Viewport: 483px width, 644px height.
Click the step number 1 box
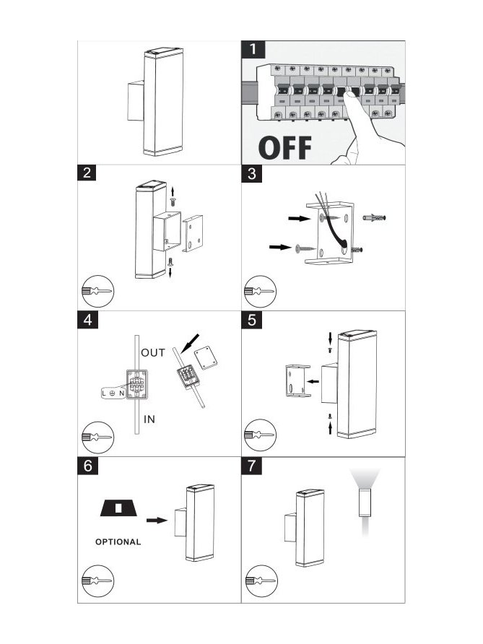[x=253, y=50]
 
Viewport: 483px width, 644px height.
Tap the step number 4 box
[x=88, y=320]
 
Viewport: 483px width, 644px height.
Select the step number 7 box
[x=252, y=466]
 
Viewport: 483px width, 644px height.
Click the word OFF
[x=285, y=148]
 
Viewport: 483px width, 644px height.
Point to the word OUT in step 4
[x=153, y=353]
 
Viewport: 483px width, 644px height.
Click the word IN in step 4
[x=149, y=419]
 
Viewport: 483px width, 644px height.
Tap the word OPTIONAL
[x=118, y=542]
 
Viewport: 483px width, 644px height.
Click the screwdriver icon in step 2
[x=97, y=292]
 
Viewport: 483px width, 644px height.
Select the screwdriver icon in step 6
[x=97, y=581]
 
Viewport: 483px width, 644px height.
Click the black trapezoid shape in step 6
[x=119, y=508]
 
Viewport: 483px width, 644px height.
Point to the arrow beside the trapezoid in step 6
[x=157, y=521]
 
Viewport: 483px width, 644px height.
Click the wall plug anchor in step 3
[x=375, y=218]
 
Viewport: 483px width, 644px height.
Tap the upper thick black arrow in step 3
[x=300, y=219]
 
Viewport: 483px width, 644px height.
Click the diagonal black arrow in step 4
[x=190, y=343]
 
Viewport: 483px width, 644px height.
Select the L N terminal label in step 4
[x=113, y=393]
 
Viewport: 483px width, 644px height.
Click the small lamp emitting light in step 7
[x=365, y=502]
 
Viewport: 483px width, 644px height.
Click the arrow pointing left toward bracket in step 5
[x=313, y=381]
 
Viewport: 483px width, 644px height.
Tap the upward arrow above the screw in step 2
[x=173, y=191]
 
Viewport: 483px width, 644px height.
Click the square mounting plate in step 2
[x=193, y=233]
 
